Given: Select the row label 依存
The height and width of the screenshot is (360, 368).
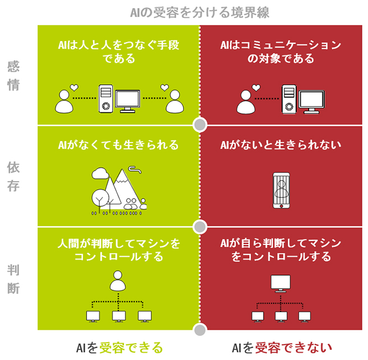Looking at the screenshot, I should (x=13, y=176).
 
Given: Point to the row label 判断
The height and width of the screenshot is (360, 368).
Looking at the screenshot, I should (x=13, y=279).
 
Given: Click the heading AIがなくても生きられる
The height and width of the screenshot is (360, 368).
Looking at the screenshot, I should (x=118, y=145).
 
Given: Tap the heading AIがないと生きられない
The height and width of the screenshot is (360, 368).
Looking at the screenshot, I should (x=281, y=145).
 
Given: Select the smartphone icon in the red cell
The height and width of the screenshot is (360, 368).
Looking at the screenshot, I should (x=281, y=190).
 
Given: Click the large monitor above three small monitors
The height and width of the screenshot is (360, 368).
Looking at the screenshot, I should (x=280, y=282).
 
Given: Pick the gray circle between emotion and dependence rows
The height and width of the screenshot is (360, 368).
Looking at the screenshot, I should (x=200, y=124).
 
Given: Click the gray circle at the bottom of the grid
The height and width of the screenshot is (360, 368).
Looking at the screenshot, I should (x=200, y=329).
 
